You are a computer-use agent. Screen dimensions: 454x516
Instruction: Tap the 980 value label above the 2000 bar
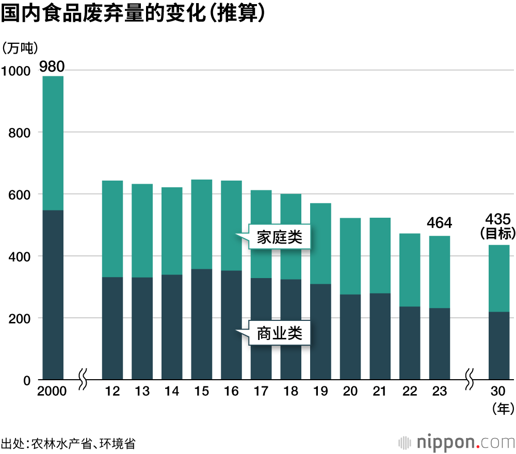pyautogui.click(x=52, y=66)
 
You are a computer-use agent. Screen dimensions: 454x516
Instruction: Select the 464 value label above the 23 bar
pyautogui.click(x=440, y=223)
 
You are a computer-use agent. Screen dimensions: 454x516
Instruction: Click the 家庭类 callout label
pyautogui.click(x=279, y=237)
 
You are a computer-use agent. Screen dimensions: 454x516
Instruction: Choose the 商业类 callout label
pyautogui.click(x=279, y=333)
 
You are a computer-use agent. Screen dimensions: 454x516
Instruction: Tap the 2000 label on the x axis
pyautogui.click(x=52, y=392)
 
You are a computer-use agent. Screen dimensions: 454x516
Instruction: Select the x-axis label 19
pyautogui.click(x=320, y=392)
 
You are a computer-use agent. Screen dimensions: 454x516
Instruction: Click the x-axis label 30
pyautogui.click(x=498, y=392)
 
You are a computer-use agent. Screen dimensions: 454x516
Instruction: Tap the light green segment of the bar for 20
pyautogui.click(x=350, y=256)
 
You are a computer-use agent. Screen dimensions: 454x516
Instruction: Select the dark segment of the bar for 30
pyautogui.click(x=499, y=346)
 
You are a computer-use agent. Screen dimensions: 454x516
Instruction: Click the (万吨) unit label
pyautogui.click(x=20, y=48)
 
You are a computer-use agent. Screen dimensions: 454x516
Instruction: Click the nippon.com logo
pyautogui.click(x=456, y=442)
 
